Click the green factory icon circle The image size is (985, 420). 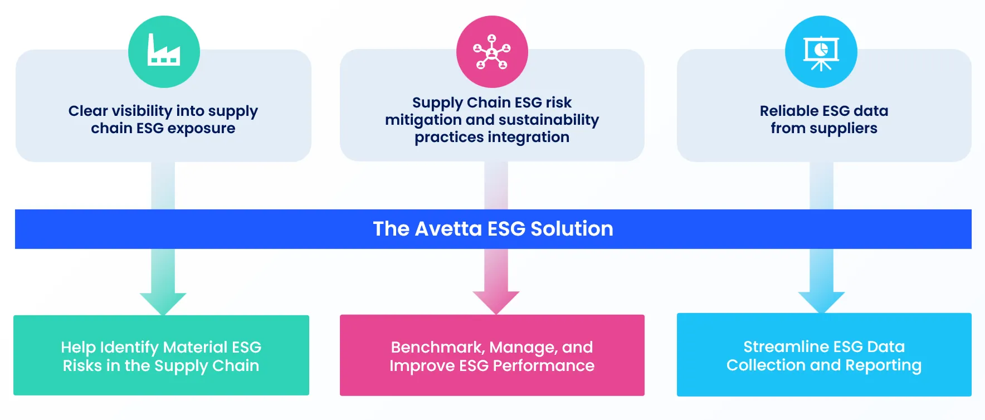point(164,51)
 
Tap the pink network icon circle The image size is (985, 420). point(492,51)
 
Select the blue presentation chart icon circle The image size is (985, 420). point(821,51)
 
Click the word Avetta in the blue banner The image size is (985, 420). point(448,229)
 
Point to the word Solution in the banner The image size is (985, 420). point(572,229)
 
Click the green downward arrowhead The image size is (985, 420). point(163,302)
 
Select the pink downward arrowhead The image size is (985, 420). point(496,302)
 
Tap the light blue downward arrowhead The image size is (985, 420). point(821,302)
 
